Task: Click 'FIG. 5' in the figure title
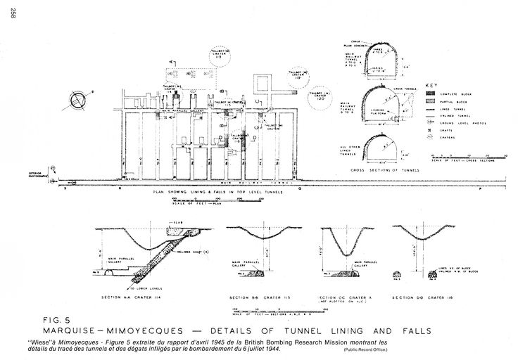click(x=59, y=320)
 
